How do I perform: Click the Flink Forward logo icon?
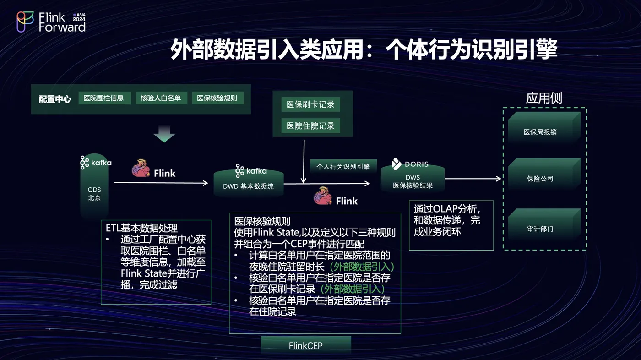click(25, 21)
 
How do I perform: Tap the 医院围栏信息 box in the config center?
click(104, 98)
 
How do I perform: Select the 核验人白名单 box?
click(161, 98)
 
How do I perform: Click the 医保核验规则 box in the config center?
click(217, 98)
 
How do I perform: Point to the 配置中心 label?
click(55, 99)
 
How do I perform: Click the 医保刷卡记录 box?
click(310, 104)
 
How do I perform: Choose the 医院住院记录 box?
click(310, 125)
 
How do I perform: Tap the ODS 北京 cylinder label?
click(94, 194)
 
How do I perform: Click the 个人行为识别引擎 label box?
click(343, 167)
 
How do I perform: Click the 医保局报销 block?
click(540, 132)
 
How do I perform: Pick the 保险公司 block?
click(540, 179)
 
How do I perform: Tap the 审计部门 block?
click(540, 229)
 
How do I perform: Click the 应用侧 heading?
click(544, 98)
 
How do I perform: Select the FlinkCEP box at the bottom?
click(305, 345)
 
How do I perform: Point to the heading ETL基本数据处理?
click(141, 228)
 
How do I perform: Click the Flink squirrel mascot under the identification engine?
click(323, 197)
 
